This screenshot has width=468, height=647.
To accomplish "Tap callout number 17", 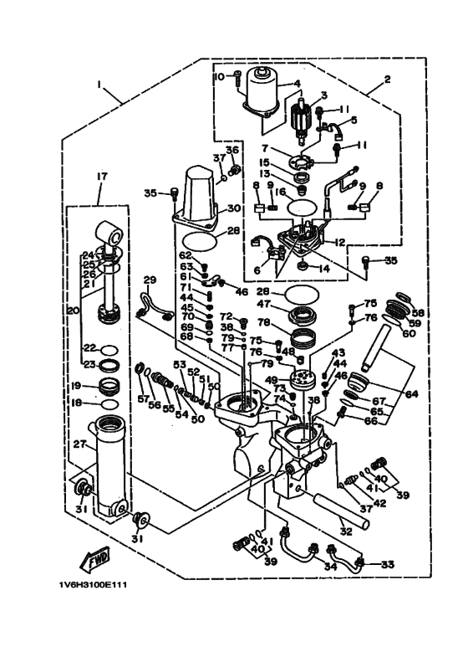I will (x=102, y=177).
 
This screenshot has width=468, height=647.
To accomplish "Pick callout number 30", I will (x=233, y=208).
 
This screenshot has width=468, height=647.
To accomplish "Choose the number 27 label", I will (x=80, y=444).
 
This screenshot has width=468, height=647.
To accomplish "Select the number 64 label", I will (x=412, y=393).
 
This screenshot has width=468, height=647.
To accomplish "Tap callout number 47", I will (x=266, y=306).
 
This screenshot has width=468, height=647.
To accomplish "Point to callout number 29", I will (x=150, y=280).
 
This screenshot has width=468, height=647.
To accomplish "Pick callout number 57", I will (x=143, y=398).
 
